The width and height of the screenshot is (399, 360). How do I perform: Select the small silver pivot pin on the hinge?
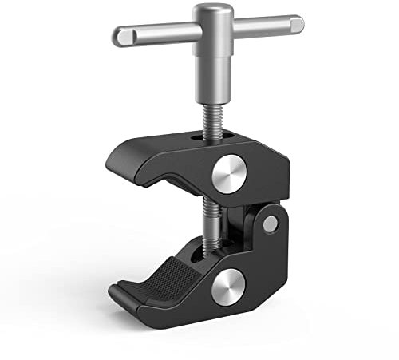(x=271, y=224)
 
